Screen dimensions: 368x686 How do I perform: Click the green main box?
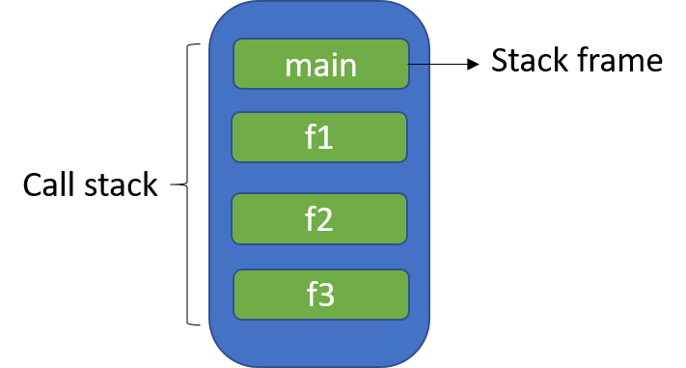tap(320, 64)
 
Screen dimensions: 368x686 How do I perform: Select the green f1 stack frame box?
tap(319, 137)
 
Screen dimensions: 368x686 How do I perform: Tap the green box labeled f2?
tap(319, 218)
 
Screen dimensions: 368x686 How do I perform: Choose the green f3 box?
tap(320, 293)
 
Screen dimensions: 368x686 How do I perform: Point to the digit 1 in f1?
tap(326, 138)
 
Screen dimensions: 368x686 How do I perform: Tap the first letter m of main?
tap(296, 67)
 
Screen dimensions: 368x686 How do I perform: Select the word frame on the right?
tap(621, 61)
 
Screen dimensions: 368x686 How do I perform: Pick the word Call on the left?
tap(49, 184)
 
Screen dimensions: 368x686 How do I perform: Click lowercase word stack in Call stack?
tap(121, 184)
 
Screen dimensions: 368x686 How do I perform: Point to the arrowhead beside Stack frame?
tap(474, 64)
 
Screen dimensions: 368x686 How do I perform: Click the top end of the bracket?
tap(196, 44)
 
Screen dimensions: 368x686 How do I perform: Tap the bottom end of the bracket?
tap(196, 324)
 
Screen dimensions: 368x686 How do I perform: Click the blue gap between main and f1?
tap(319, 100)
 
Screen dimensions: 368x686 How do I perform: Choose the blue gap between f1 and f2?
tap(319, 178)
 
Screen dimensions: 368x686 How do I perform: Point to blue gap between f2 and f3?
tap(319, 257)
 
